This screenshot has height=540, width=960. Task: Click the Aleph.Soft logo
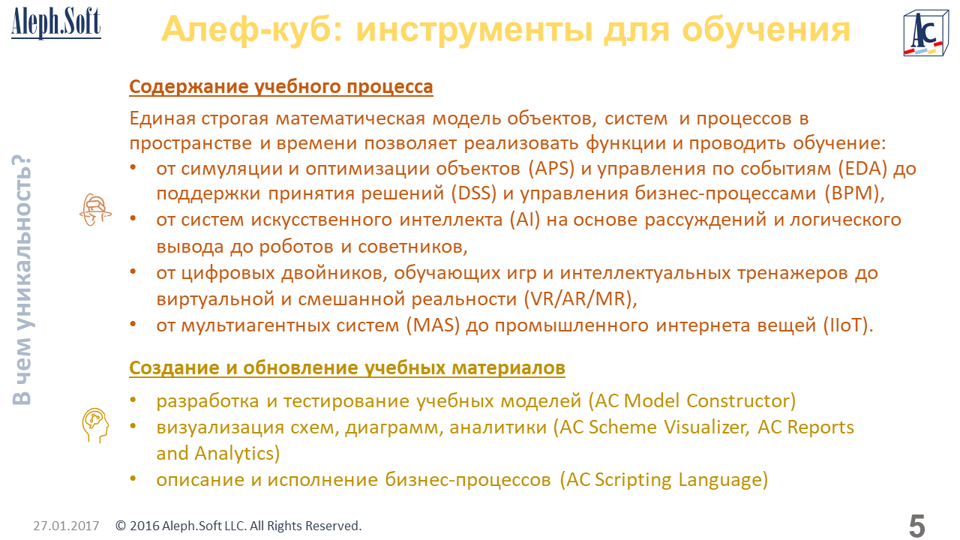[56, 23]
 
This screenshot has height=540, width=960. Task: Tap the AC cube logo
[925, 34]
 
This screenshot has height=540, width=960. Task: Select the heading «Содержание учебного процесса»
[281, 86]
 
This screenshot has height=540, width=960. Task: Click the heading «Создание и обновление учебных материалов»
[347, 367]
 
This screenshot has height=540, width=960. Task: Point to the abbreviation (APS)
[551, 169]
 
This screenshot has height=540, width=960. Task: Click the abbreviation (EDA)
[862, 169]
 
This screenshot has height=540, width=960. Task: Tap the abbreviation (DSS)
[473, 193]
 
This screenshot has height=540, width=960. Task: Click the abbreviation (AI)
[524, 220]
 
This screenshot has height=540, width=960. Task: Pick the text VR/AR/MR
[580, 298]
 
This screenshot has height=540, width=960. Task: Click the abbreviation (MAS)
[433, 325]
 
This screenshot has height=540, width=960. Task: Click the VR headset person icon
[95, 210]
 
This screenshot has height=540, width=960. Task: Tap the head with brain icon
[95, 425]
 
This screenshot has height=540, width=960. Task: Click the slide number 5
[916, 526]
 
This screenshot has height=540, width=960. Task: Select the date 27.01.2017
[66, 526]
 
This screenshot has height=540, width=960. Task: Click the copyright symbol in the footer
[121, 526]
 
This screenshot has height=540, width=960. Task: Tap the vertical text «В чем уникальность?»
[22, 280]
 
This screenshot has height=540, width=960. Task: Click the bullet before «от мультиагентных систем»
[133, 325]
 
